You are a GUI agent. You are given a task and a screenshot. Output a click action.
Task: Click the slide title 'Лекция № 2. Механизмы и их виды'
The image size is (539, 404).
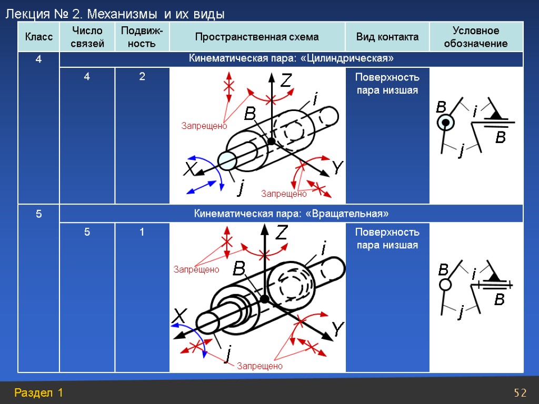[x=115, y=15]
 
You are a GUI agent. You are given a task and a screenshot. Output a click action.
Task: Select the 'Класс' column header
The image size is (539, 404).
[x=38, y=37]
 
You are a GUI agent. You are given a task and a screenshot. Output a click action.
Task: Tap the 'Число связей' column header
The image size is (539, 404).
[x=87, y=37]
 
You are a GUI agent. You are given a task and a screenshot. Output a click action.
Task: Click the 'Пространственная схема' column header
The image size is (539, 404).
[x=257, y=37]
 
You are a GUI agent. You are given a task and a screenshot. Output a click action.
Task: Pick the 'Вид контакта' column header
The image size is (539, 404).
[x=387, y=37]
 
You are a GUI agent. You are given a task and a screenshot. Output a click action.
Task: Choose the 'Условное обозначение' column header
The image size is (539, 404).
[x=476, y=37]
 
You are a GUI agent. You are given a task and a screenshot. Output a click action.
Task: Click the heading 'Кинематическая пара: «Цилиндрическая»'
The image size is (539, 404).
[x=291, y=57]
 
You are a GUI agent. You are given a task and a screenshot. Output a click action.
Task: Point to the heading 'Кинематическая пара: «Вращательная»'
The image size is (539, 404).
[x=291, y=214]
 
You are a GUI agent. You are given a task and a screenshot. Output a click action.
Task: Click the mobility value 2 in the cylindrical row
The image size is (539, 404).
[x=142, y=77]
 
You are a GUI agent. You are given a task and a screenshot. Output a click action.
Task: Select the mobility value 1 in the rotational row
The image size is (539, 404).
[x=142, y=232]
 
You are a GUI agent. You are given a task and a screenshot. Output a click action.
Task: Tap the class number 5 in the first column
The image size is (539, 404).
[x=38, y=214]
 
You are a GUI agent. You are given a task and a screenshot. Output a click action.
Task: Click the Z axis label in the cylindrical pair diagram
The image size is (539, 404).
[x=285, y=81]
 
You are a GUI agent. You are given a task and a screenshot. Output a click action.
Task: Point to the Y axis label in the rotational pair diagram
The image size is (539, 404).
[x=337, y=330]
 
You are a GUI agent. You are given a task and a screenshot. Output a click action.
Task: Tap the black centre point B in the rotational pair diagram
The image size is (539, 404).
[x=265, y=299]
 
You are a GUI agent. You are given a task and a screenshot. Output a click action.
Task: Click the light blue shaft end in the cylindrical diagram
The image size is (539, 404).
[x=227, y=160]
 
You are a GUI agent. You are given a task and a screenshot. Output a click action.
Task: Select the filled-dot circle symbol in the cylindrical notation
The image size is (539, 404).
[x=445, y=123]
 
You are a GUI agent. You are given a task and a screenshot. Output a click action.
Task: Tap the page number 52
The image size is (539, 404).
[x=520, y=393]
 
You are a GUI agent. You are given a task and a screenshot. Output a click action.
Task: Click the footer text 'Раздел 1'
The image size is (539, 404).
[x=39, y=392]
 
